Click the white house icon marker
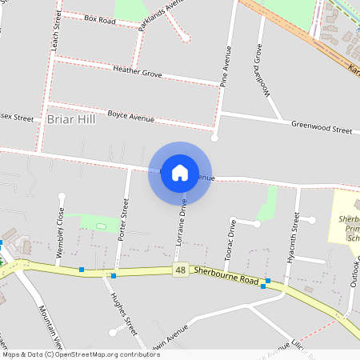(180, 172)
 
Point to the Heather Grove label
(138, 72)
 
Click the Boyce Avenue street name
(130, 117)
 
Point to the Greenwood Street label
(322, 128)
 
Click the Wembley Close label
(60, 226)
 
